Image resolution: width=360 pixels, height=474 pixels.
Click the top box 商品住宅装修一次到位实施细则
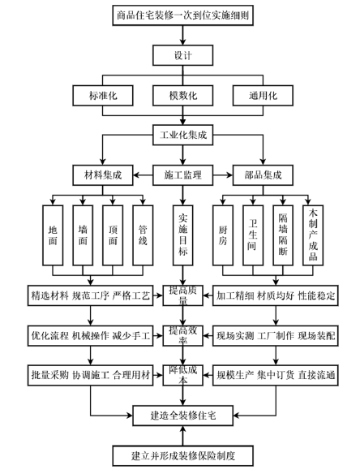click(180, 15)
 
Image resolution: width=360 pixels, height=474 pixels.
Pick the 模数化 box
click(180, 95)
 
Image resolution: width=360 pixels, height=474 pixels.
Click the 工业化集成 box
click(180, 135)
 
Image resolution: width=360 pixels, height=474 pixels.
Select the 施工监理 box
click(180, 174)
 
